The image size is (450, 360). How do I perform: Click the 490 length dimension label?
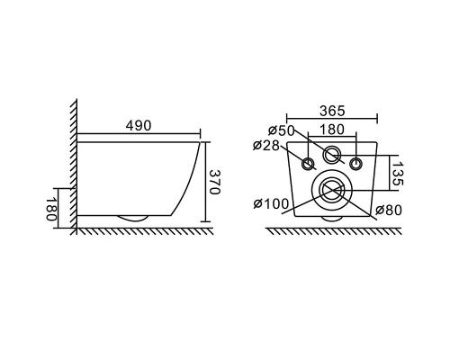139,126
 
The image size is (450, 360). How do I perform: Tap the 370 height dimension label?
214,182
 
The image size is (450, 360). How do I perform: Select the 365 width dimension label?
332,111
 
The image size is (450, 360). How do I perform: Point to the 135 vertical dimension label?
398,174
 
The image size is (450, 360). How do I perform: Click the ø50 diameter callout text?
282,130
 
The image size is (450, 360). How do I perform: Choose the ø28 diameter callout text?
266,146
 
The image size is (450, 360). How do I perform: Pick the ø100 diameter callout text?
271,204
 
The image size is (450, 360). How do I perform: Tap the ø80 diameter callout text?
388,211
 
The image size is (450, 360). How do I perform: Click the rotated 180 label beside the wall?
51,209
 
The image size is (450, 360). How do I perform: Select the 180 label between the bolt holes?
332,130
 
